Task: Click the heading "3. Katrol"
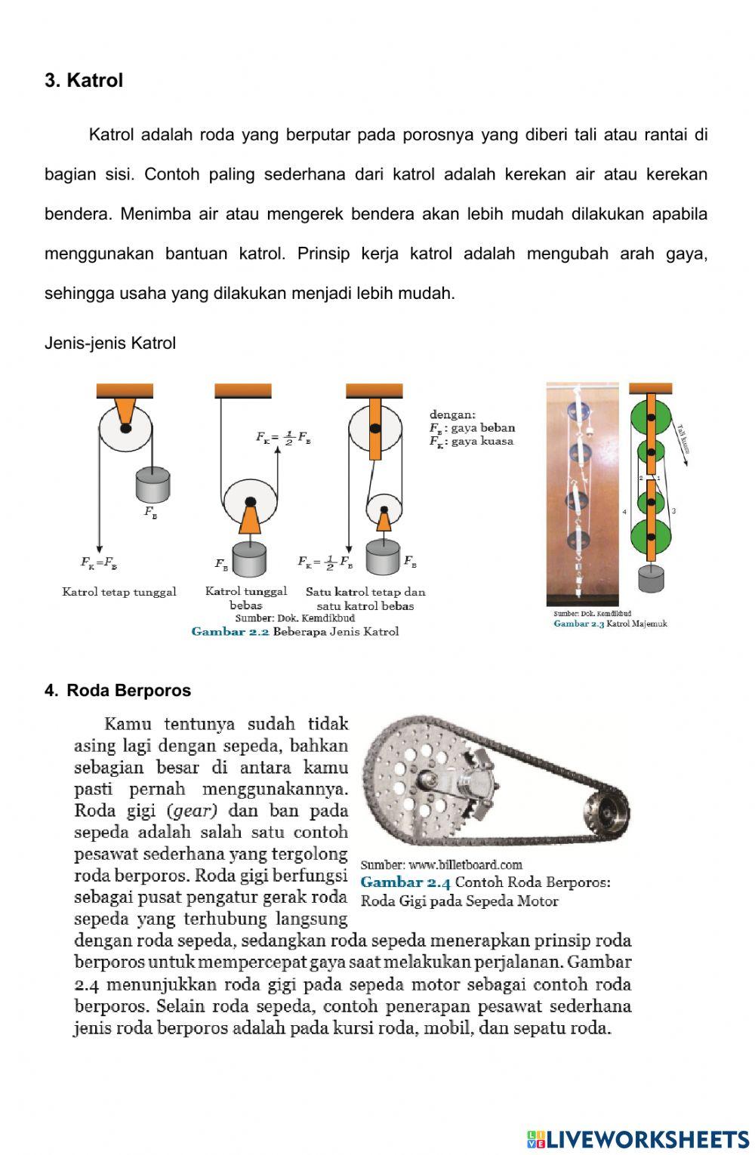pyautogui.click(x=84, y=81)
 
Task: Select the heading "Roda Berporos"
pyautogui.click(x=128, y=690)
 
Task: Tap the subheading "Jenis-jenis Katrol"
pyautogui.click(x=110, y=343)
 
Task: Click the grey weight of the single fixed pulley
pyautogui.click(x=153, y=485)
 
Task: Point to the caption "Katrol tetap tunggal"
pyautogui.click(x=119, y=592)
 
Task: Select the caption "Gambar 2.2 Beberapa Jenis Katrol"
pyautogui.click(x=294, y=631)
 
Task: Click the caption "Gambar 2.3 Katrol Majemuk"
pyautogui.click(x=610, y=624)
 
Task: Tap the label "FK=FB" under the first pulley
pyautogui.click(x=99, y=562)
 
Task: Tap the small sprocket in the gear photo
pyautogui.click(x=605, y=813)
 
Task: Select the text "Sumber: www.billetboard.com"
pyautogui.click(x=441, y=864)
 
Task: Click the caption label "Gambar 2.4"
pyautogui.click(x=405, y=882)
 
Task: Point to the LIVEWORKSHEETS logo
pyautogui.click(x=637, y=1138)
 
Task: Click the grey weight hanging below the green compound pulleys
pyautogui.click(x=650, y=579)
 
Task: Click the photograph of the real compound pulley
pyautogui.click(x=581, y=494)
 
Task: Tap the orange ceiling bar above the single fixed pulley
pyautogui.click(x=125, y=390)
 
